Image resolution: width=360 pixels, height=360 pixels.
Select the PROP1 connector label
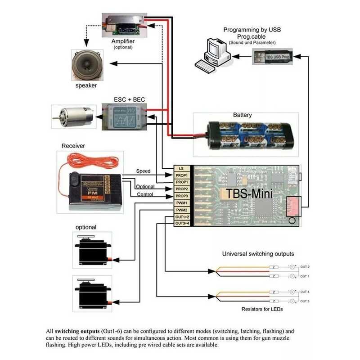click(x=181, y=175)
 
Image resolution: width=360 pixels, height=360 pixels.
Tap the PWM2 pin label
click(x=181, y=210)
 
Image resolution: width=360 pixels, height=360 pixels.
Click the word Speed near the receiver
click(x=144, y=171)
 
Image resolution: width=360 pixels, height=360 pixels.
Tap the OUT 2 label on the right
click(x=305, y=267)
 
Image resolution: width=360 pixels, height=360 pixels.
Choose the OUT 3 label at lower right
click(x=305, y=301)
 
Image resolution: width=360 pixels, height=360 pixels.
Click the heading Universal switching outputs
click(x=258, y=254)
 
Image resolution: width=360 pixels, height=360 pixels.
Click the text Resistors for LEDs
click(x=262, y=309)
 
